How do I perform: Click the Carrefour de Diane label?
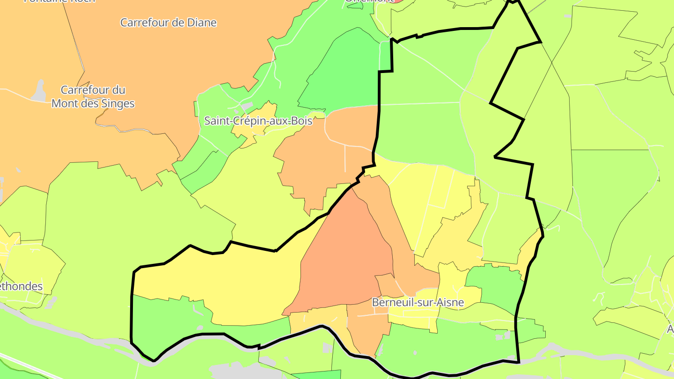point(168,22)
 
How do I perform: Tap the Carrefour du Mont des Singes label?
point(93,97)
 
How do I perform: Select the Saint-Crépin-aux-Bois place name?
point(258,121)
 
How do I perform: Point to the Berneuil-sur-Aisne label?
point(418,303)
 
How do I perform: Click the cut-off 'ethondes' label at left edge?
point(22,286)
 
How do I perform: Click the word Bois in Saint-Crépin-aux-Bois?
point(301,121)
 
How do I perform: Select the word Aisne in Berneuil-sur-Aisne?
point(449,303)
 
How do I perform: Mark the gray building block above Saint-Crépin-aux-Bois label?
point(246,107)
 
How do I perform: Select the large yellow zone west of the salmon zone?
point(225,281)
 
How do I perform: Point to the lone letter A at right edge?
point(670,329)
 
